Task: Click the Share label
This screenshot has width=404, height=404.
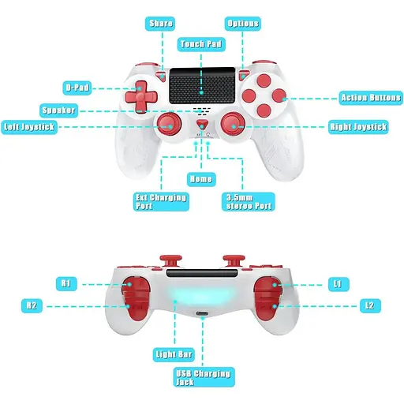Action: pyautogui.click(x=160, y=24)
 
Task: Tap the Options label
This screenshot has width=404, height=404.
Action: pyautogui.click(x=243, y=24)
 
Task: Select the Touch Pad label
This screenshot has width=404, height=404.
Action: pyautogui.click(x=201, y=44)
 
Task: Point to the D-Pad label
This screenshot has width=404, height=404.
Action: pyautogui.click(x=77, y=88)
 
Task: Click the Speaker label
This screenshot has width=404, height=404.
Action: pyautogui.click(x=58, y=110)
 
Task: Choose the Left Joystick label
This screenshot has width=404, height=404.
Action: pyautogui.click(x=29, y=127)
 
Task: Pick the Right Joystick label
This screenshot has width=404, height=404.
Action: pyautogui.click(x=358, y=127)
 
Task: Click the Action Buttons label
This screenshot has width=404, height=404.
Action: pyautogui.click(x=371, y=98)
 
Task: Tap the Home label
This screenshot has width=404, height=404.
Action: pyautogui.click(x=201, y=179)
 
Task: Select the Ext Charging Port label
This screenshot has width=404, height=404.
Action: pyautogui.click(x=161, y=202)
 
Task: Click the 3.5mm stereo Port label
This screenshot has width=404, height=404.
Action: pyautogui.click(x=249, y=202)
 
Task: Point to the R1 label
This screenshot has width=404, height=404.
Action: pyautogui.click(x=66, y=284)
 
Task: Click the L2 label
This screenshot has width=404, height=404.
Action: pyautogui.click(x=370, y=305)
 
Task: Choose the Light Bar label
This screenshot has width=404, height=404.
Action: pyautogui.click(x=174, y=354)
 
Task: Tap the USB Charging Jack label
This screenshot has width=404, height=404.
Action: pyautogui.click(x=204, y=377)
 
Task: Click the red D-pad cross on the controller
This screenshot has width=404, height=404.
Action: pyautogui.click(x=141, y=96)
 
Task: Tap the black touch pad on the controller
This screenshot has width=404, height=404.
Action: pyautogui.click(x=202, y=85)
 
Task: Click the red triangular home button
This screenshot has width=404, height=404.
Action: pyautogui.click(x=202, y=124)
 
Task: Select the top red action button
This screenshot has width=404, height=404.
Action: pyautogui.click(x=264, y=80)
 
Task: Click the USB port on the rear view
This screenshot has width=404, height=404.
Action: pyautogui.click(x=202, y=314)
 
